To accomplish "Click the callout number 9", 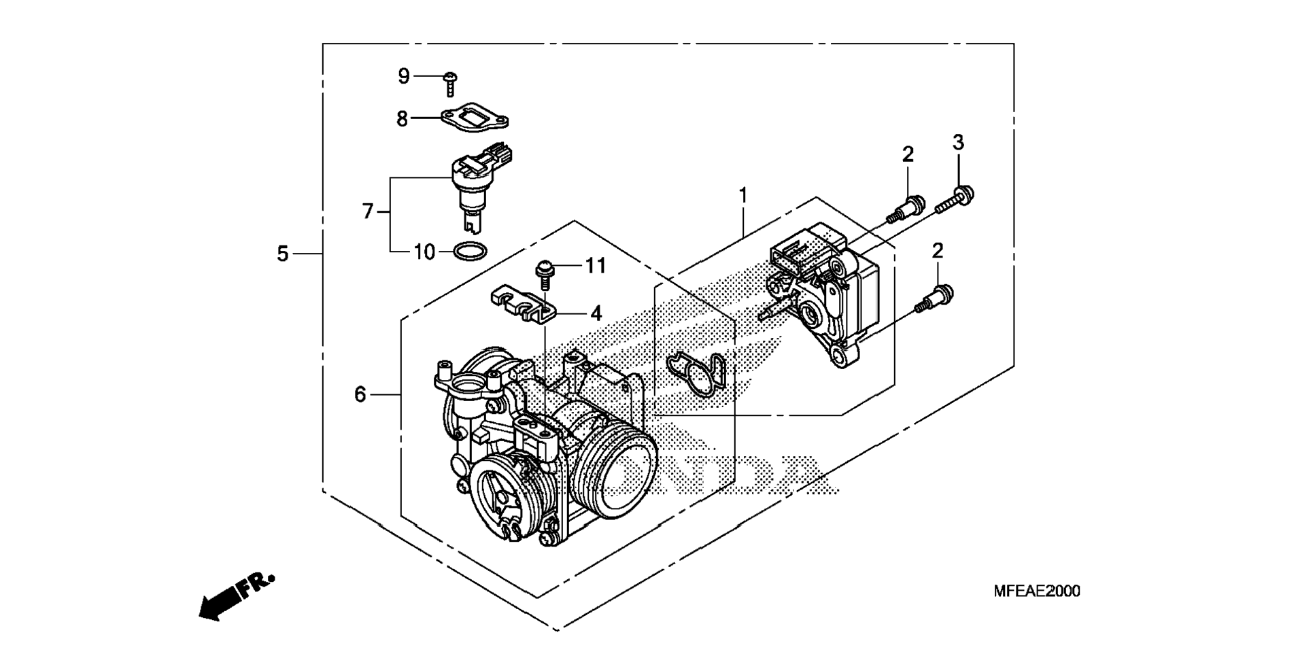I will pos(404,76).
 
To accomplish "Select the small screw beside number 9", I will pos(449,84).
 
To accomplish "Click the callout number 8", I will pos(403,119).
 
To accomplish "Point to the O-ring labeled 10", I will pos(470,252).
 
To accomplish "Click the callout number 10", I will pos(424,252).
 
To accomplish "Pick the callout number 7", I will pos(368,211).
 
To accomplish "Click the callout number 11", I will pos(596,265).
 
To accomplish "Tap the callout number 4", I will pos(596,313).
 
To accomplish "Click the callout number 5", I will pos(283,254).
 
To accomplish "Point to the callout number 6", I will pos(360,394).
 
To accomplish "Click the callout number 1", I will pos(743,196).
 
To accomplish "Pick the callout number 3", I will pos(958,143).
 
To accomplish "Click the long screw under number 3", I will pos(955,200).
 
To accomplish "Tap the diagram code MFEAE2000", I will pos(1036,591).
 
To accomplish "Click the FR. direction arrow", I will pos(235,596).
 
